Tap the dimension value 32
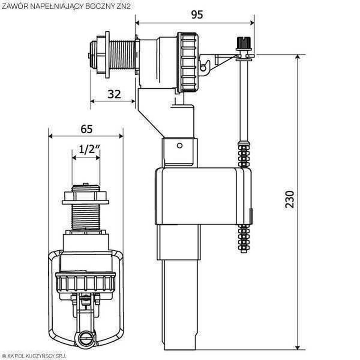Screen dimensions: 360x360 tap(114, 94)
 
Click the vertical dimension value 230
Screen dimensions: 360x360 tap(290, 199)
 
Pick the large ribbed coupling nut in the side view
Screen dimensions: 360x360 tap(187, 62)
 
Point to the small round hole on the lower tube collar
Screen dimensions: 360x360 tap(179, 145)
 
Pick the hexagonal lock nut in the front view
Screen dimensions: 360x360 tap(85, 197)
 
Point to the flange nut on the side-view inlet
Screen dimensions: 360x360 tap(107, 55)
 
